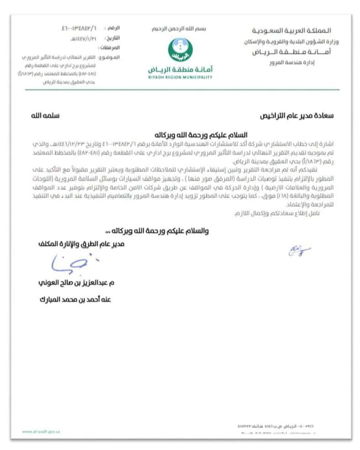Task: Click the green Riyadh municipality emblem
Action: click(x=180, y=49)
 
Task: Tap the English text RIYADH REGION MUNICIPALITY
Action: click(x=180, y=78)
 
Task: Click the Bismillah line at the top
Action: click(x=179, y=29)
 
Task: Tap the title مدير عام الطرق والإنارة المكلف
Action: click(x=81, y=244)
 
